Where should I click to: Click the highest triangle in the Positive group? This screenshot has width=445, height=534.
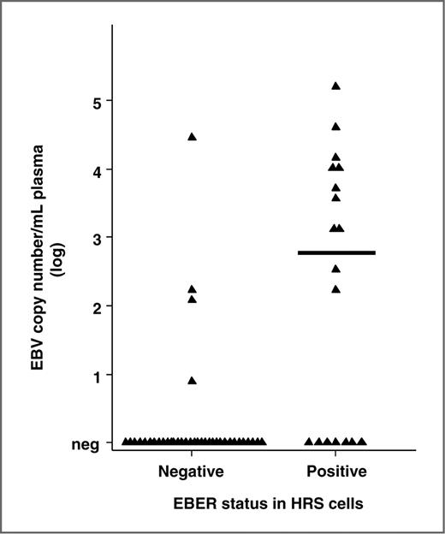pyautogui.click(x=336, y=86)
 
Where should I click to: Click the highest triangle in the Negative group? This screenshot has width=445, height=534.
pyautogui.click(x=193, y=137)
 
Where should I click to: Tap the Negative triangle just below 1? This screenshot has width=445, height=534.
pyautogui.click(x=193, y=380)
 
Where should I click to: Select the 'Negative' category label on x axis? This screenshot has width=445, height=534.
pyautogui.click(x=192, y=472)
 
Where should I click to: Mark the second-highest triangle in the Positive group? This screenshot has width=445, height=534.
pyautogui.click(x=336, y=127)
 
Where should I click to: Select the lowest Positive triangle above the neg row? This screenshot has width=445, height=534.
pyautogui.click(x=336, y=288)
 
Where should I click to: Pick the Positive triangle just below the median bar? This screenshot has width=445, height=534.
pyautogui.click(x=336, y=269)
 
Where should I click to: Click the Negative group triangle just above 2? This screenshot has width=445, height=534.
pyautogui.click(x=193, y=289)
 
